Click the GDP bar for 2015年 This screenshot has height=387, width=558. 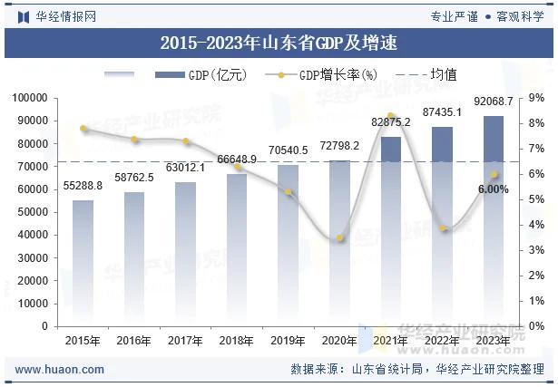(x=83, y=263)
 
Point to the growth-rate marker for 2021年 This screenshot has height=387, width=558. (x=391, y=116)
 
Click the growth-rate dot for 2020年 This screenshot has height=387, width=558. (x=340, y=238)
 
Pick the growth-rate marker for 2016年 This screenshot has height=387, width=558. (x=134, y=140)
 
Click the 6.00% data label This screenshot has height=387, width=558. (x=494, y=189)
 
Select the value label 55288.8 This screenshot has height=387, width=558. (x=83, y=185)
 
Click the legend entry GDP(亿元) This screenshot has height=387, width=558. (x=201, y=75)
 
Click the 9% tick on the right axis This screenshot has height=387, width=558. (x=536, y=98)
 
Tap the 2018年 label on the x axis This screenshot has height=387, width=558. (x=238, y=341)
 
